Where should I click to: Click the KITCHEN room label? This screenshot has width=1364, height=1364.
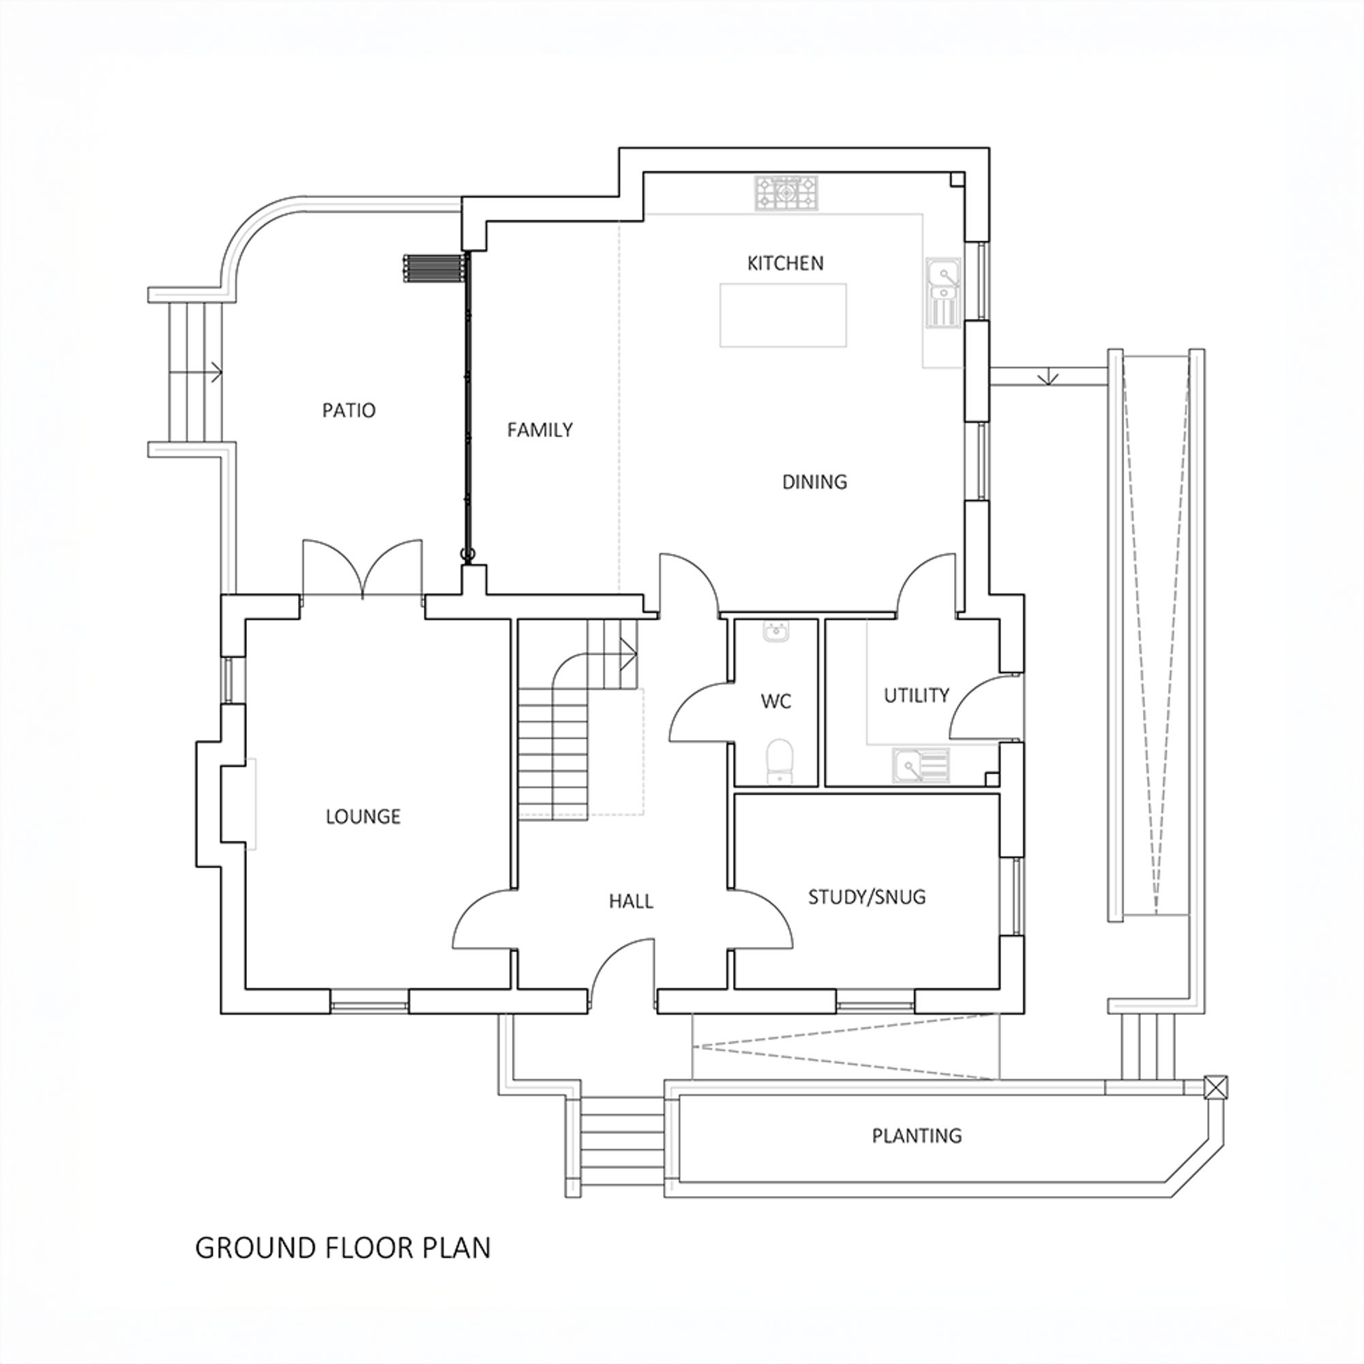(x=785, y=263)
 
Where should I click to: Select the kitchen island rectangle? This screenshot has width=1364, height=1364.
(x=783, y=315)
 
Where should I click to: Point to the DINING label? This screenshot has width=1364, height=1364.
(x=814, y=482)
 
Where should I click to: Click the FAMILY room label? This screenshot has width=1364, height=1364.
(x=539, y=430)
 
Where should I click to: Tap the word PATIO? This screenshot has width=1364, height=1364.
(x=349, y=410)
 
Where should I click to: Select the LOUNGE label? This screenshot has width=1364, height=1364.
(x=363, y=817)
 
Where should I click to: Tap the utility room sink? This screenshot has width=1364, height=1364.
(x=921, y=766)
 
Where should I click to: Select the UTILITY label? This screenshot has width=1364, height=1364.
(x=917, y=696)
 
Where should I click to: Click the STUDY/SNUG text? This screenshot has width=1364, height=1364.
(x=866, y=898)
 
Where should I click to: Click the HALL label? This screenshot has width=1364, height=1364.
(x=630, y=902)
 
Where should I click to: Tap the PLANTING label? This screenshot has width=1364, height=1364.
(x=917, y=1136)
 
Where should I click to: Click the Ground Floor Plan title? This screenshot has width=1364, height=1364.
(x=342, y=1248)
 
